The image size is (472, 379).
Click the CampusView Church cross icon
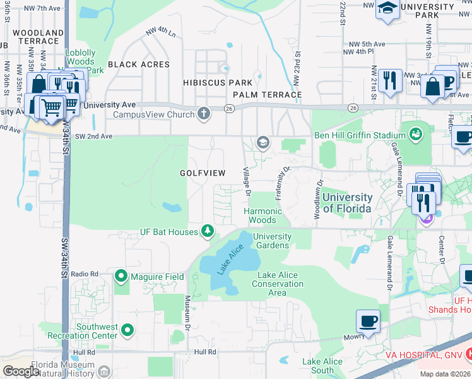coord(203,114)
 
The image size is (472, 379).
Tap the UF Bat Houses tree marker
coord(207,232)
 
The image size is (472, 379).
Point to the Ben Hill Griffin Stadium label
coord(360,135)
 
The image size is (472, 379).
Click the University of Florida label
coord(347,202)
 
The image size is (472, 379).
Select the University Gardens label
coord(272,241)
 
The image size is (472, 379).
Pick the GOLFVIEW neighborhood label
coord(203,172)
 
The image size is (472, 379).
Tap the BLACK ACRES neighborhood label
coord(139,64)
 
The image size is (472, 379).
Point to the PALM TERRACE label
coord(267,95)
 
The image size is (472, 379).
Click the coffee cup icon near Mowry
coord(368,321)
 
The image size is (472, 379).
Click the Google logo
coord(21,371)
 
